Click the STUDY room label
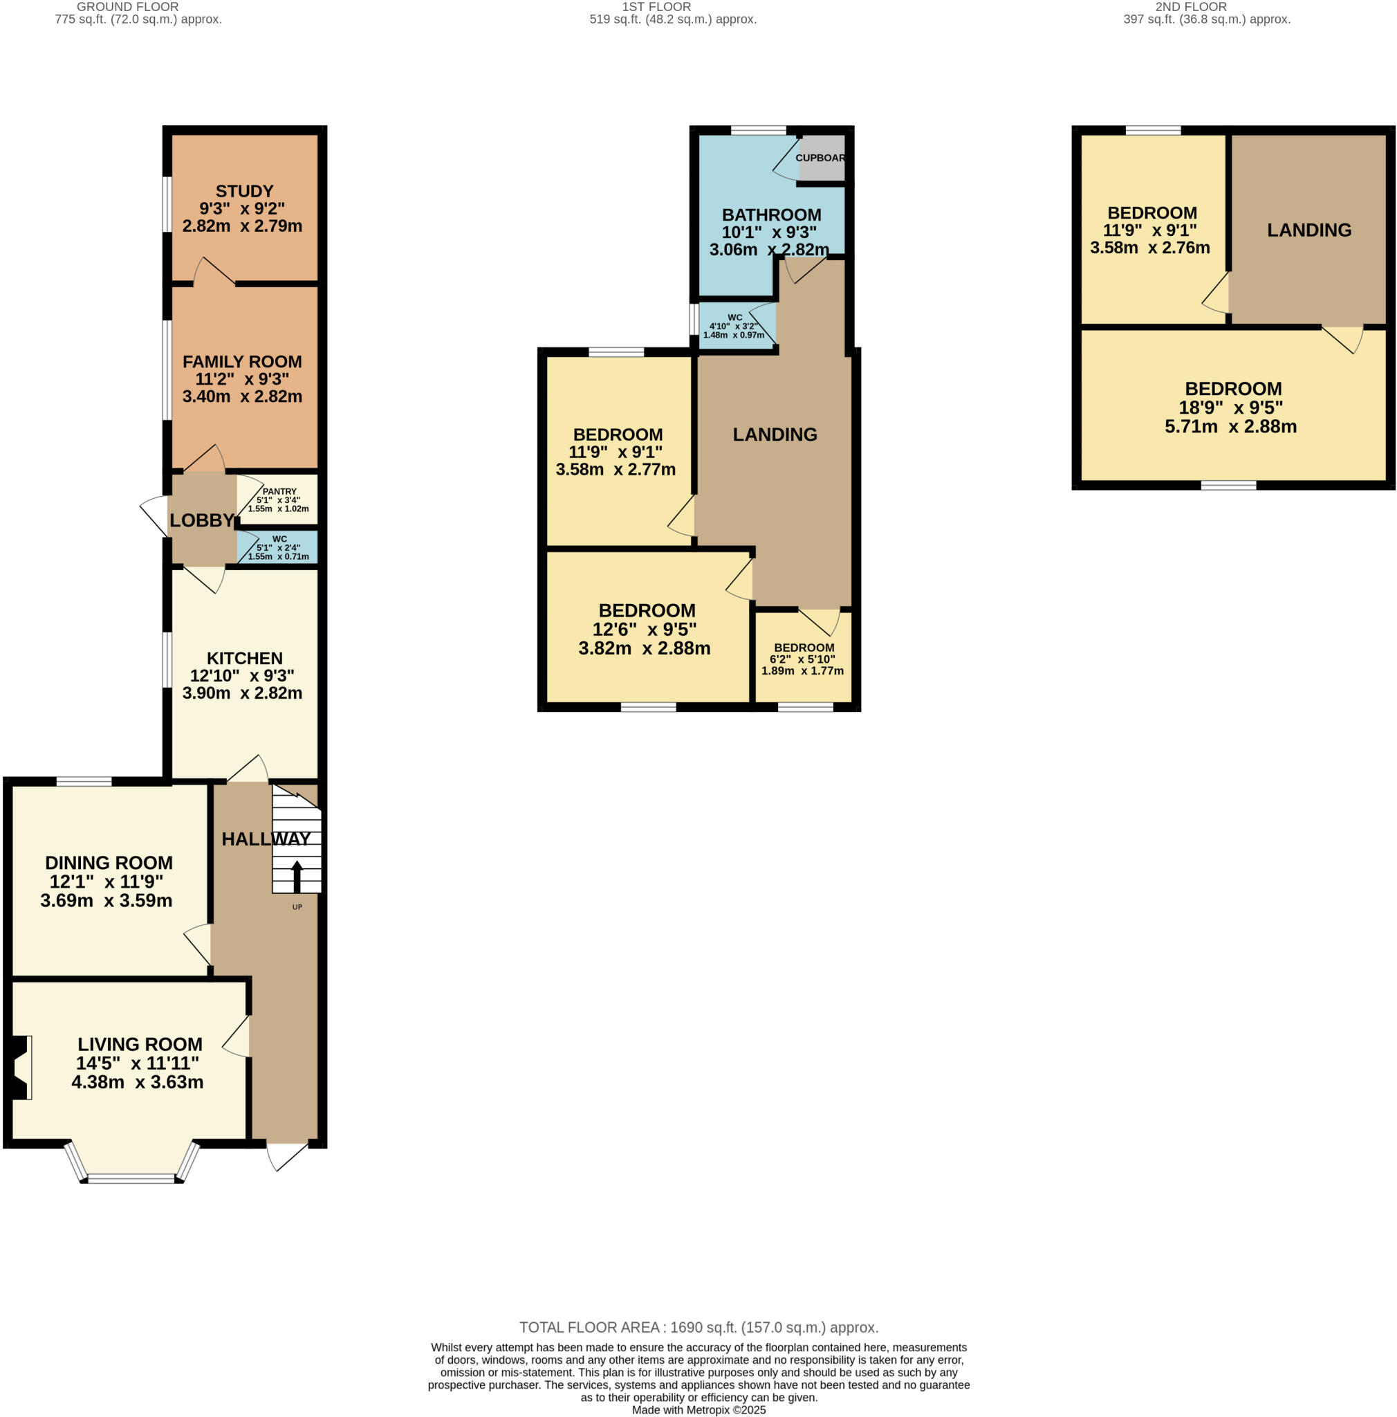click(244, 192)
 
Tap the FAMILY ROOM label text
click(242, 362)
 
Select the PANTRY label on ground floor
click(279, 491)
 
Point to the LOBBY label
click(201, 520)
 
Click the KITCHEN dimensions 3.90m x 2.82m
click(242, 693)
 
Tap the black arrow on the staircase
click(296, 876)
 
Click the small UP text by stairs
click(297, 907)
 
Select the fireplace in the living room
click(21, 1067)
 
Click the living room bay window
click(131, 1178)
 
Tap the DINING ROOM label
click(109, 863)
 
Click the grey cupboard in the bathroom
click(821, 158)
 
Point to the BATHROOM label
click(771, 215)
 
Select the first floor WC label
click(734, 318)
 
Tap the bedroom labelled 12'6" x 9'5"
click(647, 628)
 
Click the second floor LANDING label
click(1308, 230)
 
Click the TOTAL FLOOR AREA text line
click(698, 1328)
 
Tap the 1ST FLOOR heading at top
click(656, 7)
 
